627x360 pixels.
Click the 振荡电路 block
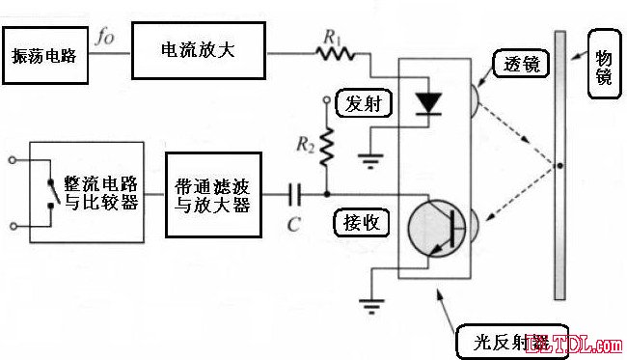44,56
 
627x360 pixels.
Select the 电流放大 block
199,49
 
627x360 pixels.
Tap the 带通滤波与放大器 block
212,194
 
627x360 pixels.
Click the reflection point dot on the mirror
558,166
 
